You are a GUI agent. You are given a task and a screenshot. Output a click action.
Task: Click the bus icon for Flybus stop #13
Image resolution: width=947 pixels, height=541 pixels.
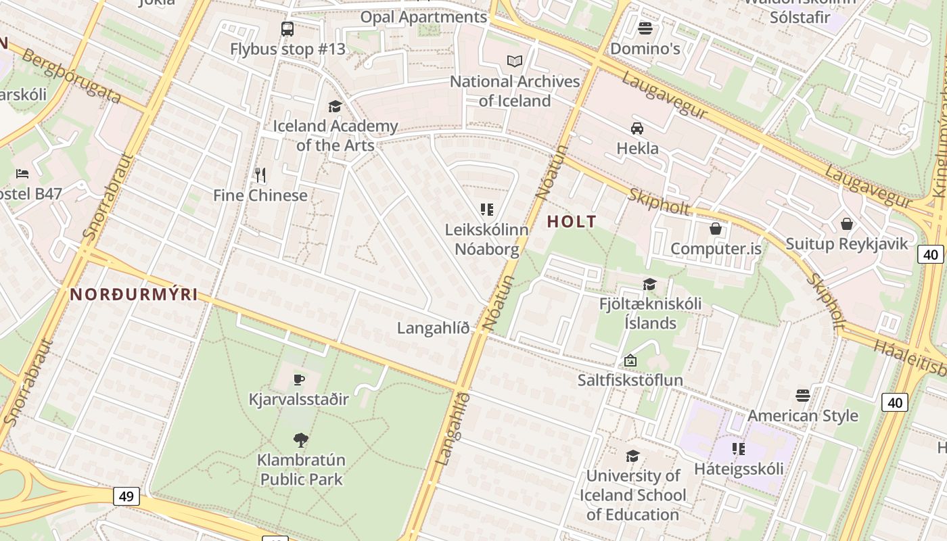pos(287,29)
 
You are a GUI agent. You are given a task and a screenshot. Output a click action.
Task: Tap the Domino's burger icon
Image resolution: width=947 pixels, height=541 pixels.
pos(645,28)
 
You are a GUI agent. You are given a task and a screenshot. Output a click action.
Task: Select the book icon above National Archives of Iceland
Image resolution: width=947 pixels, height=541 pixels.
pos(515,62)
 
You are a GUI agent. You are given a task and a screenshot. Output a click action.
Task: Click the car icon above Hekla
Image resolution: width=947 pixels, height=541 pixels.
pos(637,128)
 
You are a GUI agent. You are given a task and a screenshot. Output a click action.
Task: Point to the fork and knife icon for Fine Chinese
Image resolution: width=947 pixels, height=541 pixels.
pos(260,175)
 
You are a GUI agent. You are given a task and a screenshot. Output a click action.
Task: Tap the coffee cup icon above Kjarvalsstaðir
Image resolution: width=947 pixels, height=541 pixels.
pos(299,379)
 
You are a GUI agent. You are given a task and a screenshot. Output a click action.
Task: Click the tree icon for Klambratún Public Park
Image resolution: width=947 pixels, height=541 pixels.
pos(301,440)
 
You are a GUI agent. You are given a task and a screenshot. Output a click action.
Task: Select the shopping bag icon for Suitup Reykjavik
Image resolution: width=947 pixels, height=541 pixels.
pos(846,224)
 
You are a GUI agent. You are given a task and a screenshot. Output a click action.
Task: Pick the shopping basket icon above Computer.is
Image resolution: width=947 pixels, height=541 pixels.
pos(716,229)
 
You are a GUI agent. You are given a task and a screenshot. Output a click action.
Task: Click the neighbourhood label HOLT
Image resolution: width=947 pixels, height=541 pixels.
pos(572,221)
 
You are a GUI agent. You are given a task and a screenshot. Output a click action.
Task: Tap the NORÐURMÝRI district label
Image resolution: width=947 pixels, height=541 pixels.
pos(134,294)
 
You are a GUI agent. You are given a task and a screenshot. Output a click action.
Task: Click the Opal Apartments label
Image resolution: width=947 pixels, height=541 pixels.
pos(423,17)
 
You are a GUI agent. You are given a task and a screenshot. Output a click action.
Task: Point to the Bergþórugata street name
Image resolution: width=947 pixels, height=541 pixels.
pos(71,76)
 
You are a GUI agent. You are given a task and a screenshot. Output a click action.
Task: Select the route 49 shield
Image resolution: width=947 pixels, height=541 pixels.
pos(126,496)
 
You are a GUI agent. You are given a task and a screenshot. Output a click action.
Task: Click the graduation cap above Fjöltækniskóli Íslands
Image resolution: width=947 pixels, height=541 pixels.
pos(649,284)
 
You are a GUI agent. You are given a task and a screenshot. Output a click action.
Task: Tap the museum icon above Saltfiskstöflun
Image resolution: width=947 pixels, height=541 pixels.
pos(630,360)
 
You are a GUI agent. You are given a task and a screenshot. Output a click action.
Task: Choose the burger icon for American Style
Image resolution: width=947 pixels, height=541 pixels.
pos(803,395)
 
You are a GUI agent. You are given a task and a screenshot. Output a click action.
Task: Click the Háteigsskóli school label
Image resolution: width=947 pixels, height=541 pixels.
pos(739,469)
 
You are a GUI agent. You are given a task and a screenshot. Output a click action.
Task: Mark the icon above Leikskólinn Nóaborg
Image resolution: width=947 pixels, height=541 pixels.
pos(487,210)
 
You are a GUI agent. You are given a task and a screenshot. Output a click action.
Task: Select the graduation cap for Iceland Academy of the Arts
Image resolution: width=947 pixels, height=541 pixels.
pos(335,106)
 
